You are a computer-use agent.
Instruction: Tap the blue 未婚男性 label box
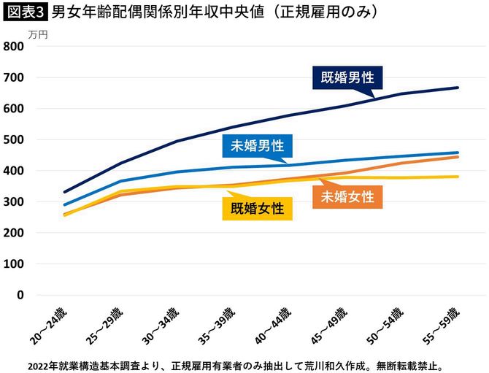click(x=257, y=146)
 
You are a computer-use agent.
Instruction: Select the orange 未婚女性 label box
click(x=347, y=196)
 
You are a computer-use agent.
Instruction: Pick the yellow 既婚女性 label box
click(x=257, y=209)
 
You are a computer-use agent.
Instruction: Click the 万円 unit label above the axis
click(x=39, y=34)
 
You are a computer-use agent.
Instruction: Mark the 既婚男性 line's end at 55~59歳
click(x=458, y=88)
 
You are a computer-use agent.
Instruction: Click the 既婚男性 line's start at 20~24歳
click(x=65, y=192)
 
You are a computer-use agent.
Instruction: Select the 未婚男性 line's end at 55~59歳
click(x=458, y=153)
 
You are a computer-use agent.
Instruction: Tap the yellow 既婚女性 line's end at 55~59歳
click(x=458, y=177)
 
